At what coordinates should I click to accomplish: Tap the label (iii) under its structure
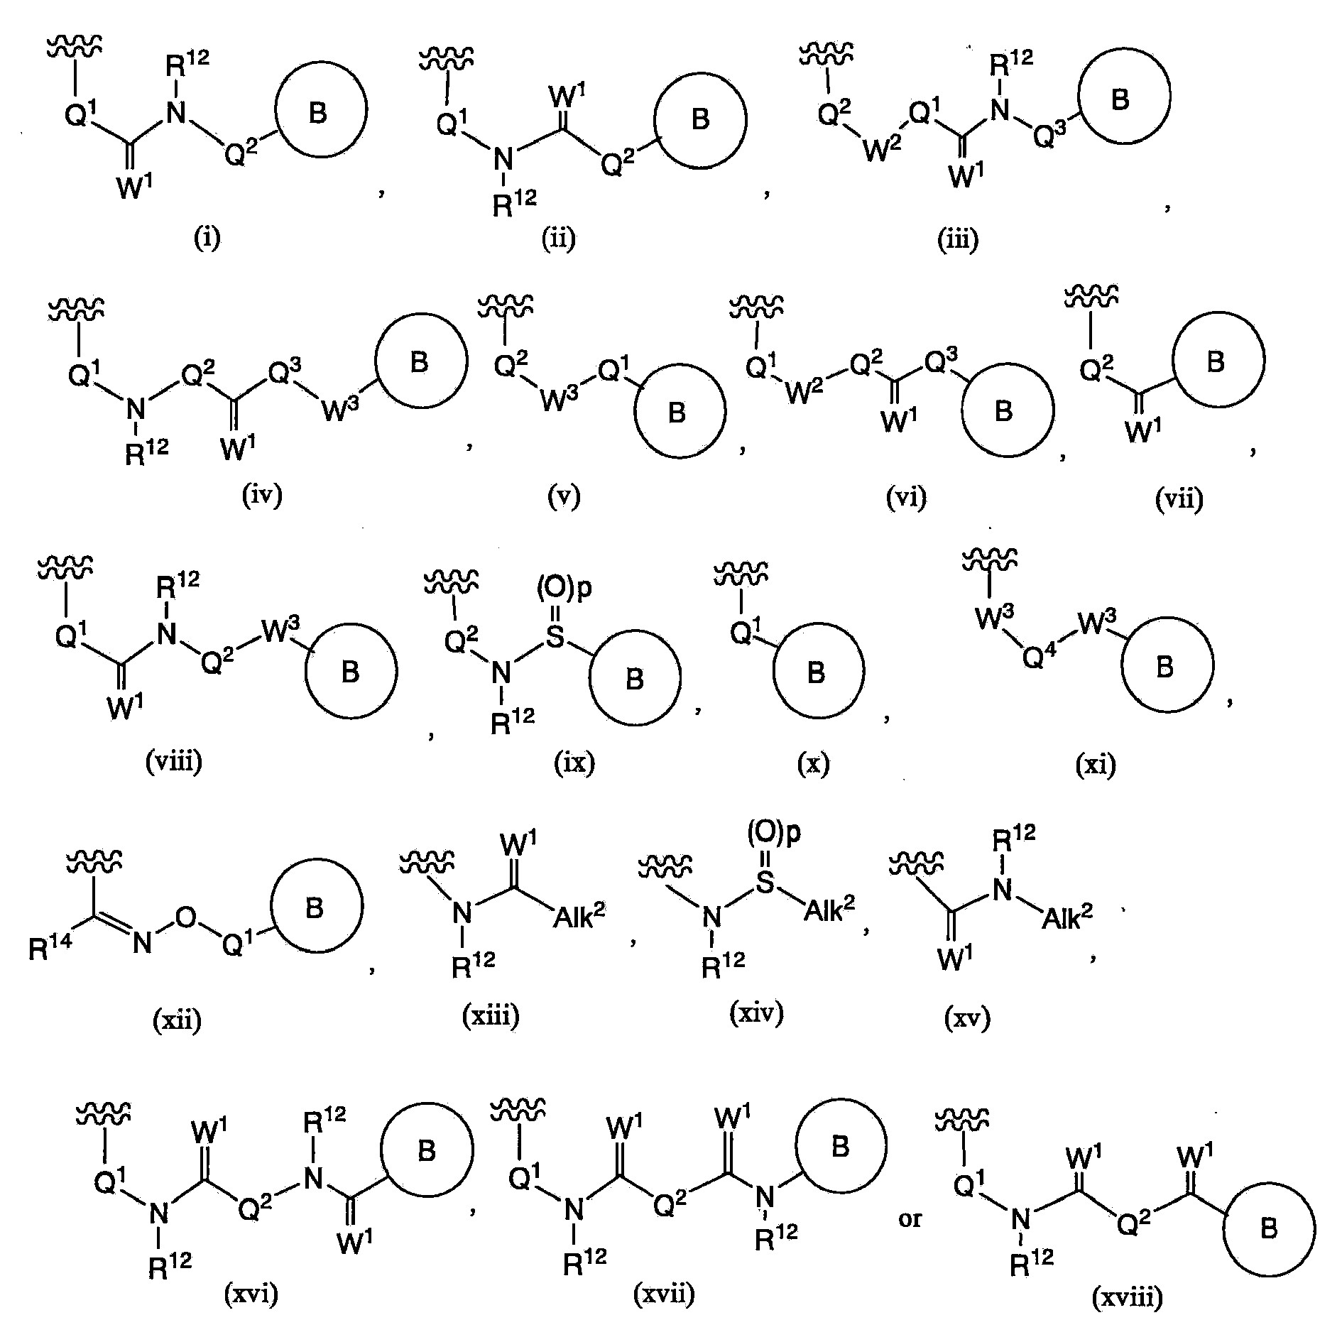[957, 239]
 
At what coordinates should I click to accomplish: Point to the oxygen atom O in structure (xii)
[185, 917]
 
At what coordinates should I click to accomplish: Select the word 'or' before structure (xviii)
[910, 1219]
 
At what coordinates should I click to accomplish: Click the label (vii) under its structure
[1179, 499]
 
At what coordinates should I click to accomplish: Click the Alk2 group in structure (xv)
[1067, 916]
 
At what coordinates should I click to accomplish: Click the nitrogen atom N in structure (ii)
[503, 160]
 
